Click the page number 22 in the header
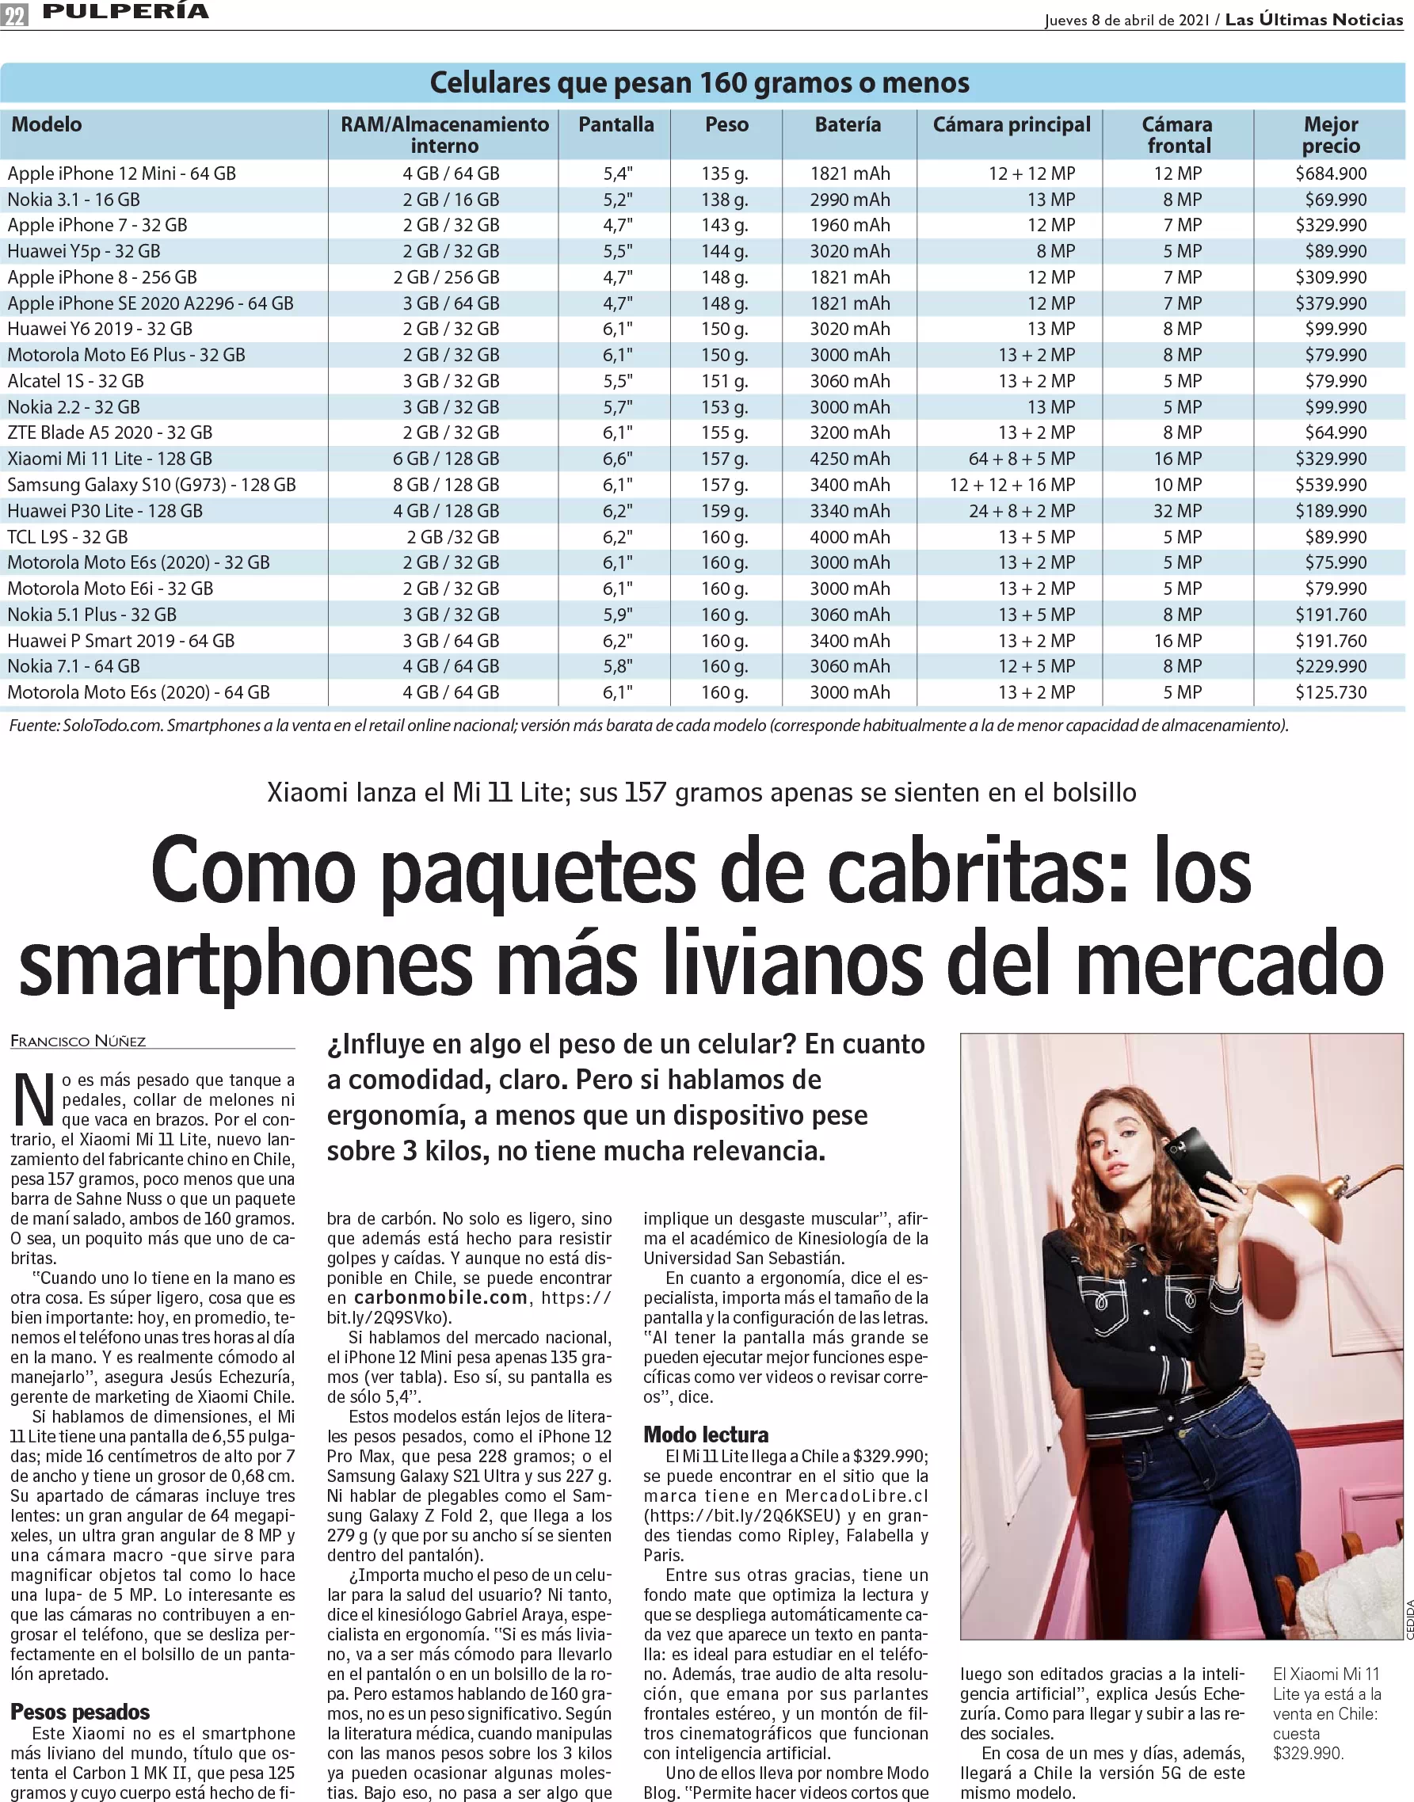[x=15, y=15]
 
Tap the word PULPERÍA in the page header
[x=125, y=12]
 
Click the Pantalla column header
[x=616, y=125]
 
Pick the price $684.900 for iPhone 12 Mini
[x=1330, y=173]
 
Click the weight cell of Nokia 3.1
[x=724, y=200]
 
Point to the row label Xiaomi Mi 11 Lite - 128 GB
[x=109, y=459]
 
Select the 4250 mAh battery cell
[x=849, y=459]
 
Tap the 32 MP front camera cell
[x=1177, y=511]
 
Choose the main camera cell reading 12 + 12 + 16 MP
[x=1012, y=485]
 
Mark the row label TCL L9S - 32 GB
[x=68, y=537]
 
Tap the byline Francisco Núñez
[x=78, y=1042]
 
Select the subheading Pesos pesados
[x=80, y=1711]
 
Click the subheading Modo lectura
[x=706, y=1434]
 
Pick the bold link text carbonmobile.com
[x=440, y=1298]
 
